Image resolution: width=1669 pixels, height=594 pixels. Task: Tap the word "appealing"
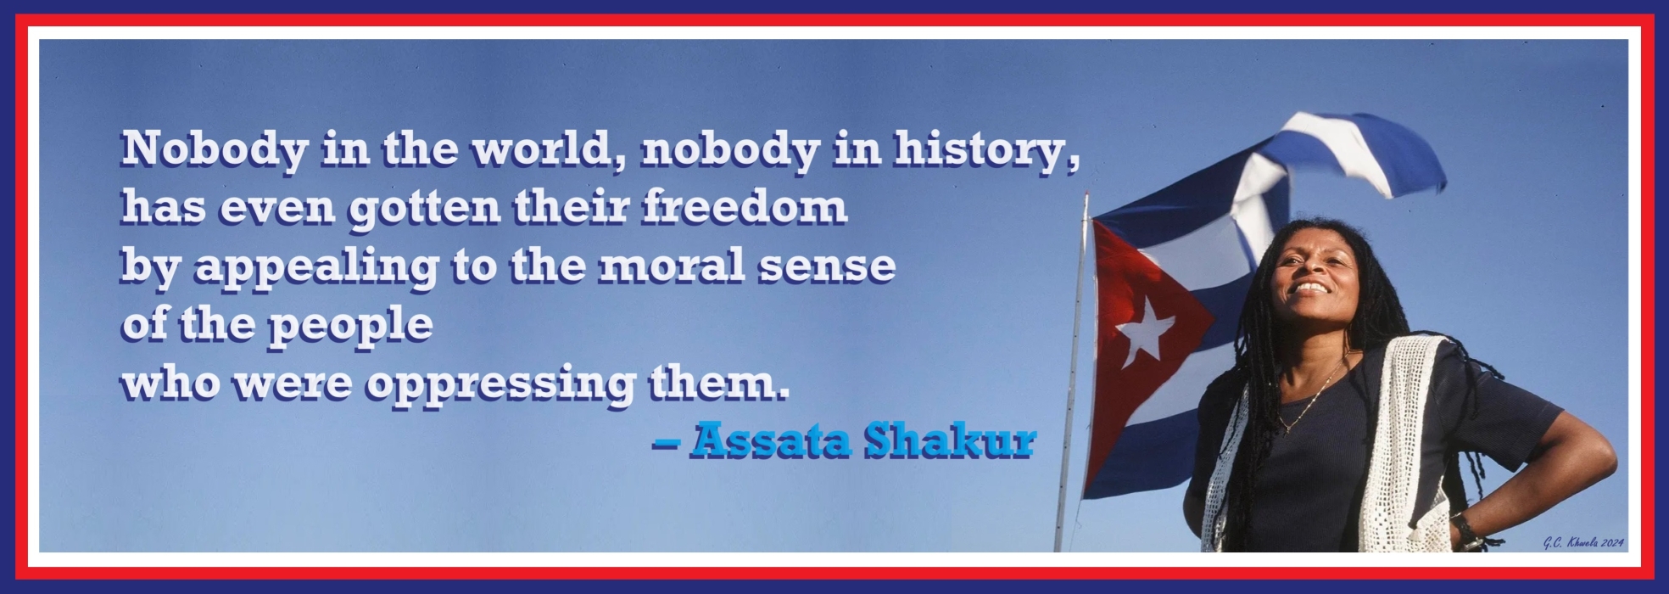click(316, 267)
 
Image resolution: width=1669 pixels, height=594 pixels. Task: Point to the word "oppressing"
click(500, 384)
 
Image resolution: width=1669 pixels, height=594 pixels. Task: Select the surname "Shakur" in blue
click(949, 441)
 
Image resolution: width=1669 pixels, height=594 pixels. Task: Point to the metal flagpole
click(1070, 382)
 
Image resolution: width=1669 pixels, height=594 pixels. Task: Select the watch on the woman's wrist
click(1465, 531)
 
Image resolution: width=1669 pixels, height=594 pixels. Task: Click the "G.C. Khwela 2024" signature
click(1582, 542)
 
